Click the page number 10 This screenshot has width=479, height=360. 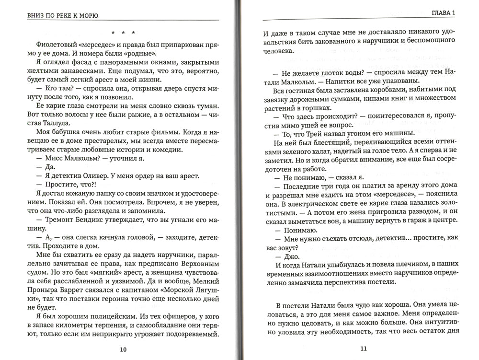tap(123, 349)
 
